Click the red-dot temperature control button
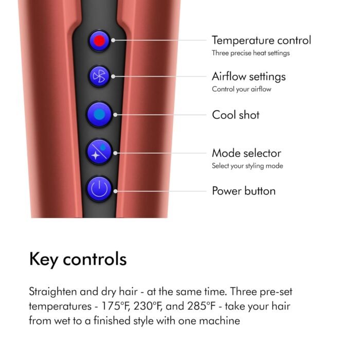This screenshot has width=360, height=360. coord(99,41)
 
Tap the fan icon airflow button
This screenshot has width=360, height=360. coord(99,76)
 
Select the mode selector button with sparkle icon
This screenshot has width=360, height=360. coord(99,152)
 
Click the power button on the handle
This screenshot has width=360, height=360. coord(99,189)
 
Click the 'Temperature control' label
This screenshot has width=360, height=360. coord(261,41)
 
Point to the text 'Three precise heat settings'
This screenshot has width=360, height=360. coord(251,53)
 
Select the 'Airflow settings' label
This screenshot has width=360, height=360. coord(248,77)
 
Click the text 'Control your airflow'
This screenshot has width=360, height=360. coord(242,89)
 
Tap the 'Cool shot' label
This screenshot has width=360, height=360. coord(236,115)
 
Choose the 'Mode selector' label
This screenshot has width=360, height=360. coord(246,153)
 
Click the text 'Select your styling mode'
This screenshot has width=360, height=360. coord(247,166)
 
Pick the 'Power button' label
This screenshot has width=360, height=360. coord(244,191)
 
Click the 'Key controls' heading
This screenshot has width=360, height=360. coord(78,259)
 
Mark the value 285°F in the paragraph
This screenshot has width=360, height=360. coord(202,307)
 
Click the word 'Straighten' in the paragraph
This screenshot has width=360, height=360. coord(53,292)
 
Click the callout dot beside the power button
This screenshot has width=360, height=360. coord(116,191)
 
